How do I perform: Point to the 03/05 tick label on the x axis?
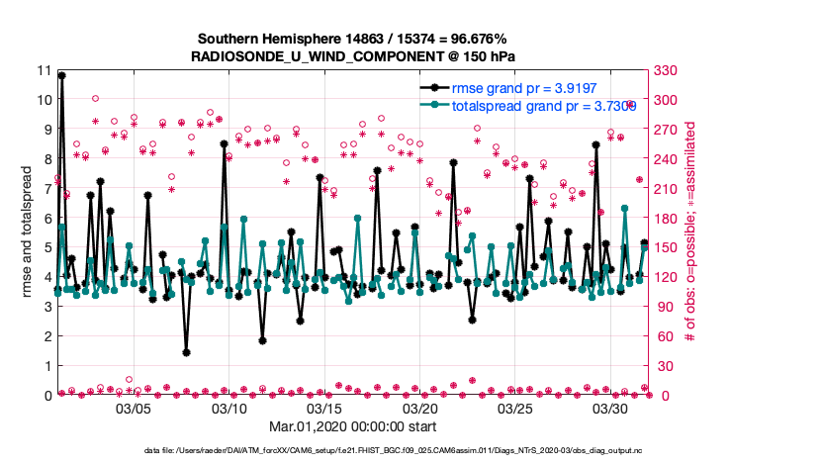tap(134, 408)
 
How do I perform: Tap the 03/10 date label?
tap(229, 408)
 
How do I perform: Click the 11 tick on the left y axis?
tap(42, 70)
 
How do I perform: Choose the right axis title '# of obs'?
tap(689, 232)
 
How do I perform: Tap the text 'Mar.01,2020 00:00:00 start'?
tap(352, 428)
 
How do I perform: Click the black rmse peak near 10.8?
tap(61, 75)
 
